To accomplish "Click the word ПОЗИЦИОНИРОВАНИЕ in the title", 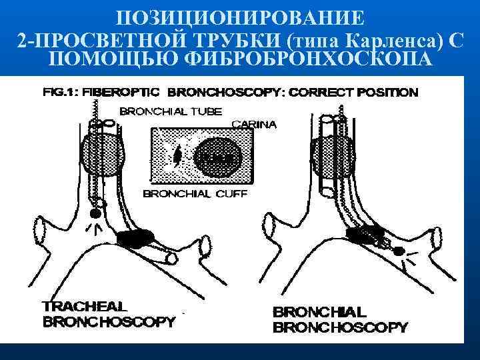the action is pyautogui.click(x=239, y=15).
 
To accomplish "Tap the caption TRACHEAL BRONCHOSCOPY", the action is pyautogui.click(x=108, y=314).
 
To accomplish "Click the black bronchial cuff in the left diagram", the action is pyautogui.click(x=137, y=237).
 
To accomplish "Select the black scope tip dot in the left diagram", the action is pyautogui.click(x=95, y=213).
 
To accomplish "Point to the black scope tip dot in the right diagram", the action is pyautogui.click(x=399, y=252).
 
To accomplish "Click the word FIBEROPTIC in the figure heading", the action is pyautogui.click(x=127, y=92).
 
